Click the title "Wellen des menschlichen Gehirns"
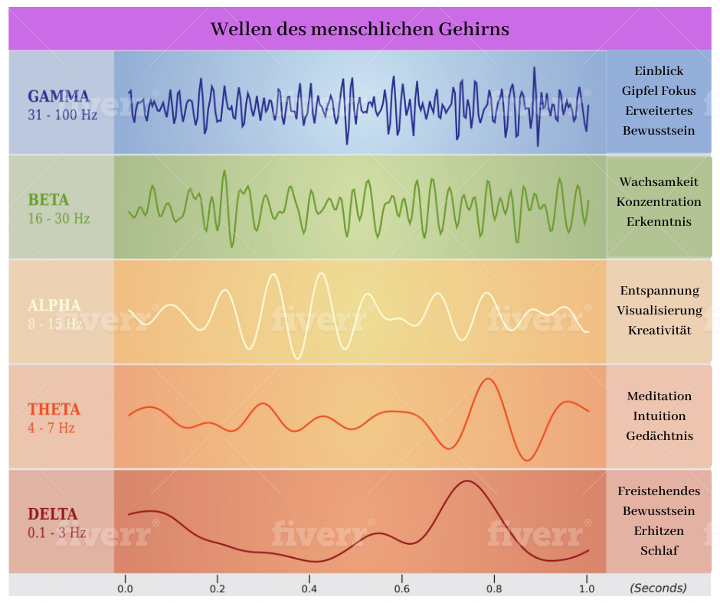coord(359,29)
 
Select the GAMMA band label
coord(58,96)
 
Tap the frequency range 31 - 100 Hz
coord(63,115)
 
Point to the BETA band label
coord(48,200)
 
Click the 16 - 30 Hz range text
coord(59,219)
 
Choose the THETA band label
coord(54,409)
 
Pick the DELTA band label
coord(53,513)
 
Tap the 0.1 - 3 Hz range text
coord(57,533)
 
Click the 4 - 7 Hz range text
coord(51,429)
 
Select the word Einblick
coord(658,70)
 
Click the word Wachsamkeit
coord(659,182)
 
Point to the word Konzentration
coord(659,202)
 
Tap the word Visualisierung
coord(659,311)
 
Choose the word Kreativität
coord(659,331)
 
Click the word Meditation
coord(659,396)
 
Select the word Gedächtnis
coord(659,436)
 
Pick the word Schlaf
coord(659,550)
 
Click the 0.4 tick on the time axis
coord(309,588)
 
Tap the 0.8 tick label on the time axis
coord(494,588)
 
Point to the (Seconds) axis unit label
coord(658,588)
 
